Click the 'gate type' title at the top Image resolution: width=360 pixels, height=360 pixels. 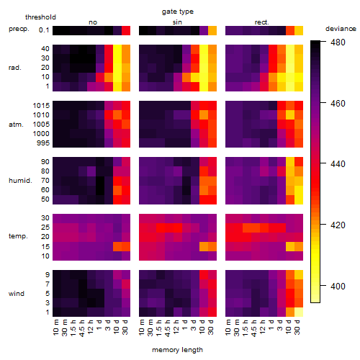178,12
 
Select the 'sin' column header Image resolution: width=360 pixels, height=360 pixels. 177,22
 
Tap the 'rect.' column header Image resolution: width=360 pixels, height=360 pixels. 261,22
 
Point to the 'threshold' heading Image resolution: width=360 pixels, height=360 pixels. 40,17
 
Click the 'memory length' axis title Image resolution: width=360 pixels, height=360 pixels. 177,350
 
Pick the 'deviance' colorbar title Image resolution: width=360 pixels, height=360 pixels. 341,29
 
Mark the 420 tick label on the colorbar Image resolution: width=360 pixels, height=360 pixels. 338,225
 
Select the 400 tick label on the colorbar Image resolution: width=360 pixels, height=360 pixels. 338,286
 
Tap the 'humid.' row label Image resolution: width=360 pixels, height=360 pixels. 20,181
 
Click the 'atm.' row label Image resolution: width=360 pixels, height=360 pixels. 16,125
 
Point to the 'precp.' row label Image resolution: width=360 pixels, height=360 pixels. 19,29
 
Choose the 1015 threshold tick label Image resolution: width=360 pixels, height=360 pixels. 41,106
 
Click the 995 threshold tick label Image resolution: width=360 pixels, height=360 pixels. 43,143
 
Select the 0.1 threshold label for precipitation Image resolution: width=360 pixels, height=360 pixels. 44,30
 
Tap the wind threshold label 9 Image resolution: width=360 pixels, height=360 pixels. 48,275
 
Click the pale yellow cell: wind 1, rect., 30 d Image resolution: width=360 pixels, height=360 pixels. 299,312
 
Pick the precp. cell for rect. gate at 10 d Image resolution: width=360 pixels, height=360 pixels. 290,30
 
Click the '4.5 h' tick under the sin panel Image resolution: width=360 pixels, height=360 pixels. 168,328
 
